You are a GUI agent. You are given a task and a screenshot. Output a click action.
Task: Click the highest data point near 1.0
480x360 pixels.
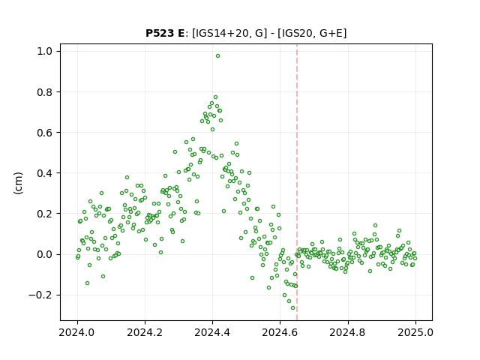tap(217, 56)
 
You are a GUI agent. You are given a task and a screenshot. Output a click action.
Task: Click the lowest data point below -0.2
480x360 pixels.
tap(292, 308)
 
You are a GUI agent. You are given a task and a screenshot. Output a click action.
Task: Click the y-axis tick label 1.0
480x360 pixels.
tap(44, 51)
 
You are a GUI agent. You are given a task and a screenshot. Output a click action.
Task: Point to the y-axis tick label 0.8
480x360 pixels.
tap(44, 91)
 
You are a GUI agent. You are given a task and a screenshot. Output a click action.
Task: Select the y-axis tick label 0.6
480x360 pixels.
tap(44, 133)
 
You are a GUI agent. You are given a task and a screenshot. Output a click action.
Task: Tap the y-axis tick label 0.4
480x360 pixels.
tap(44, 173)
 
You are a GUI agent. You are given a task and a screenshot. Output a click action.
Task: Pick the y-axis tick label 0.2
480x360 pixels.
tap(44, 214)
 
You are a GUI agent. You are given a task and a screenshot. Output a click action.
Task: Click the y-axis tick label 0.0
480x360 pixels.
tap(44, 254)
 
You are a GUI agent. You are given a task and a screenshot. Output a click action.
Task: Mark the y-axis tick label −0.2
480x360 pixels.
tap(40, 295)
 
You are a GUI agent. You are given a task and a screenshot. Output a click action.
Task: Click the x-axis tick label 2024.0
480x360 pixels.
tap(77, 332)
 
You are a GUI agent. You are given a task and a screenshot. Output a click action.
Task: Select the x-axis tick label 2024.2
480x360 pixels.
tap(145, 332)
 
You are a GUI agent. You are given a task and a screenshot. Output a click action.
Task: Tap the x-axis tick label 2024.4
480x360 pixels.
tap(212, 332)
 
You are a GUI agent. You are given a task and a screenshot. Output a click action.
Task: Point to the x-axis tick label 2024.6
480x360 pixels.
tap(280, 332)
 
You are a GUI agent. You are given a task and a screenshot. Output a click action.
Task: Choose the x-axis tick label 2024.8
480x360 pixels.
tap(347, 332)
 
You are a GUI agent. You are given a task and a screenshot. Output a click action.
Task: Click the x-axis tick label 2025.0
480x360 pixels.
tap(415, 332)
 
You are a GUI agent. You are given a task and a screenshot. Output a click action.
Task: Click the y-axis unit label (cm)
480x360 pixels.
tap(18, 183)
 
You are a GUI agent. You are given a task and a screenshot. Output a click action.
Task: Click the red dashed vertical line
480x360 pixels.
tap(297, 182)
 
